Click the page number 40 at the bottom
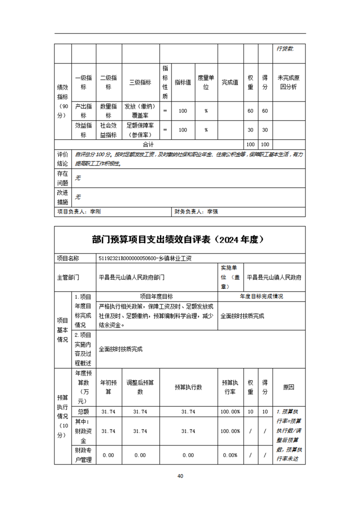click(x=180, y=476)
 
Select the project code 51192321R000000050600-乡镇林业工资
click(x=145, y=258)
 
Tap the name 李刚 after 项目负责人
click(x=95, y=211)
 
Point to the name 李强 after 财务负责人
click(x=212, y=211)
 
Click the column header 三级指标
click(x=140, y=82)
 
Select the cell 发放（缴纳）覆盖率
click(x=140, y=111)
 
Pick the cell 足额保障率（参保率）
click(x=140, y=130)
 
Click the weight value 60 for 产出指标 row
click(x=250, y=111)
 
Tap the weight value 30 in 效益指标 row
click(x=250, y=130)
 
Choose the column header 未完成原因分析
click(x=289, y=82)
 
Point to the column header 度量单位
click(x=206, y=82)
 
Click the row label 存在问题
click(x=63, y=178)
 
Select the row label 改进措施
click(x=63, y=197)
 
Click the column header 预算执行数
click(x=188, y=387)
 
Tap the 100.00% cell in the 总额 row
click(x=231, y=411)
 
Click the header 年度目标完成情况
click(x=261, y=296)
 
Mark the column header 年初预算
click(x=108, y=387)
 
